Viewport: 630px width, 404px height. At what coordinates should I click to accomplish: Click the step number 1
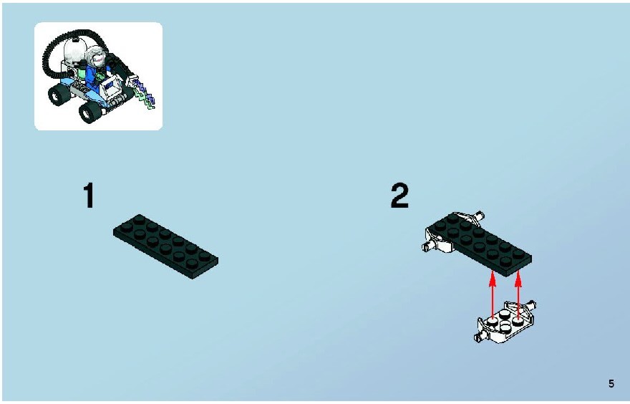[x=89, y=196]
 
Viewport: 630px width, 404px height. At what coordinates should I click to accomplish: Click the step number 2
[x=399, y=196]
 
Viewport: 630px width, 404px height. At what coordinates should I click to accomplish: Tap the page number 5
[x=611, y=383]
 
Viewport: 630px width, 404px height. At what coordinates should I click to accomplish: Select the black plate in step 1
[x=165, y=246]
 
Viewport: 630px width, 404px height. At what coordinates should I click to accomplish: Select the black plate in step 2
[x=480, y=244]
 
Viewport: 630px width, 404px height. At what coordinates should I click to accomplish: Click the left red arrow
[x=493, y=295]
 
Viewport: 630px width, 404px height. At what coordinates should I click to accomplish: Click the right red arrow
[x=518, y=295]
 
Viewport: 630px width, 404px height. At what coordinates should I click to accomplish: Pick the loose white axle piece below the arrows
[x=505, y=322]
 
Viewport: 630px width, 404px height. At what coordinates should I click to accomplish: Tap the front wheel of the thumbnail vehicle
[x=90, y=112]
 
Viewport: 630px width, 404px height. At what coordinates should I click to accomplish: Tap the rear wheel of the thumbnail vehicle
[x=59, y=95]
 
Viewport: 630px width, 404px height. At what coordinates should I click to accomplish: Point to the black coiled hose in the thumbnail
[x=60, y=48]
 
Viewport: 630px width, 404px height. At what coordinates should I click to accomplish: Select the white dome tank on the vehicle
[x=74, y=50]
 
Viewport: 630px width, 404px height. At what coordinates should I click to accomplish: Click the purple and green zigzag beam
[x=144, y=95]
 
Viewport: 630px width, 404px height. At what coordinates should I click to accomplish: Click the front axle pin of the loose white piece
[x=478, y=337]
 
